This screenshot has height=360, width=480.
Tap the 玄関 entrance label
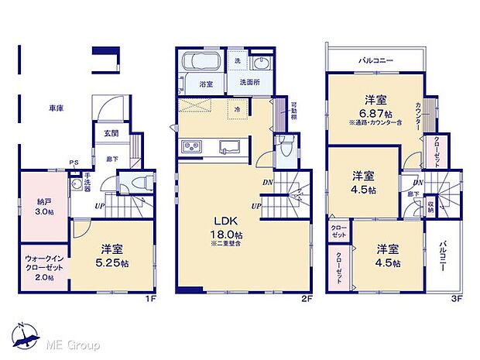click(x=111, y=133)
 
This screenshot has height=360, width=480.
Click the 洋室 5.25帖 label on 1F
click(x=112, y=255)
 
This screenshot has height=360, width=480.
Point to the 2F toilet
click(x=286, y=146)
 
